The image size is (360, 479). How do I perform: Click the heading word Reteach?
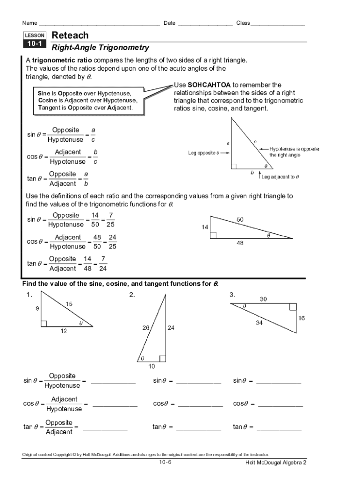pos(70,36)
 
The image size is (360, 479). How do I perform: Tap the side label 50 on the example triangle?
pos(240,219)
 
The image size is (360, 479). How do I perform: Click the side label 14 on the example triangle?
pos(205,227)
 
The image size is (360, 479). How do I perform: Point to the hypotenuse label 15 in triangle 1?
pos(69,304)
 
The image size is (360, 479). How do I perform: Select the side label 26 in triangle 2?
pos(146,328)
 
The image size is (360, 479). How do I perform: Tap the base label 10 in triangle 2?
pos(152,366)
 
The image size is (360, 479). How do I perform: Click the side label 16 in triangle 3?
pos(302,318)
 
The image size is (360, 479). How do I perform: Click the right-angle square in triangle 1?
pos(44,323)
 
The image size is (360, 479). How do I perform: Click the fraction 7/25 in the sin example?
pos(111,220)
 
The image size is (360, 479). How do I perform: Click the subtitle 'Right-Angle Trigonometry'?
pos(100,47)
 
